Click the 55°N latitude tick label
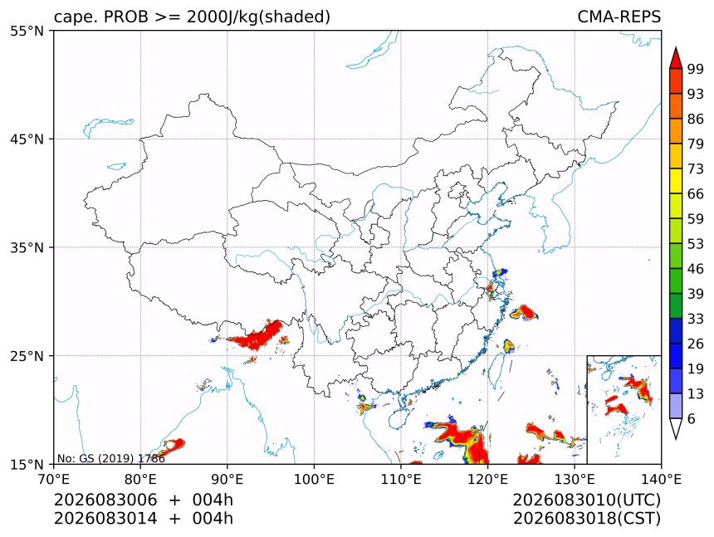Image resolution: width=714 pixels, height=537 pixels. pos(27,32)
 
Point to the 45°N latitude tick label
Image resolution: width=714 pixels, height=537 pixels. pos(27,139)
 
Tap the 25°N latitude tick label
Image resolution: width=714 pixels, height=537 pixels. pos(27,356)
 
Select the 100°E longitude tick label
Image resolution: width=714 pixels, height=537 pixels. pos(314,479)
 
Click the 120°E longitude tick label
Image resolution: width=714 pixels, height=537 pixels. pos(487,479)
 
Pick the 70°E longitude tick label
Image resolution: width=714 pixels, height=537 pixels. pos(54,479)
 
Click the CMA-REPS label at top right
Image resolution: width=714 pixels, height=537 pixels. pos(619,17)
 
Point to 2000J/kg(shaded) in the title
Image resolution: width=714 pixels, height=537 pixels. pos(259,17)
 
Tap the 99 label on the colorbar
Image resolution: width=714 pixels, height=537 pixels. pos(696,69)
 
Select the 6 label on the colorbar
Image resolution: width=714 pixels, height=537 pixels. pos(692,418)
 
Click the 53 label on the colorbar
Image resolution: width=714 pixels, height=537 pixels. pos(696,244)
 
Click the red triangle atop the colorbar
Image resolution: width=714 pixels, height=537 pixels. pos(676,59)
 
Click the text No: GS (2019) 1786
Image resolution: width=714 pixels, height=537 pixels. pos(111,458)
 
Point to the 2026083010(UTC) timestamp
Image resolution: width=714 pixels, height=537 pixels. pos(586,500)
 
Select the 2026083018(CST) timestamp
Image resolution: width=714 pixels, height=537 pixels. pos(586,519)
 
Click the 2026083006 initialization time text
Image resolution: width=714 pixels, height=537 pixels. pos(105,500)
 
